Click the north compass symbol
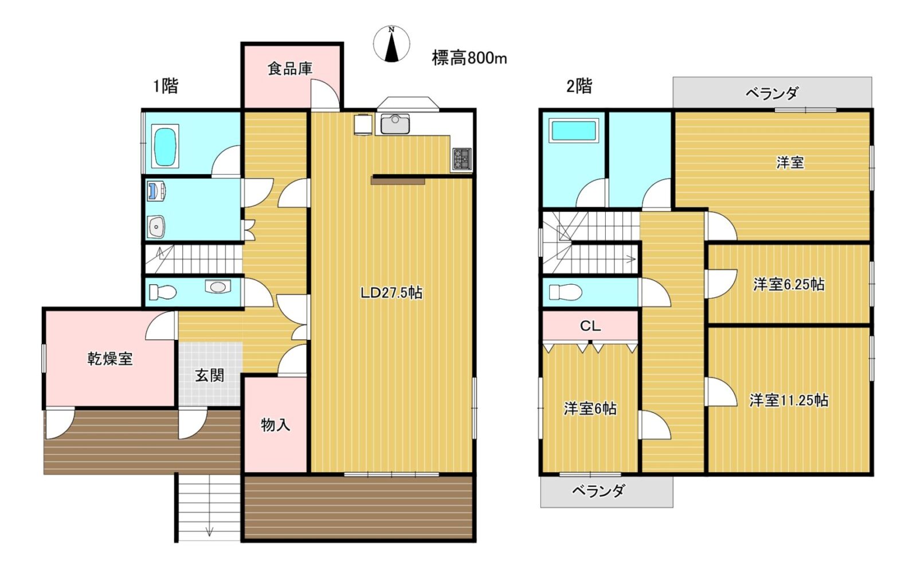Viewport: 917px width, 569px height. click(391, 44)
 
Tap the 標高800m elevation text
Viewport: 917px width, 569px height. click(469, 58)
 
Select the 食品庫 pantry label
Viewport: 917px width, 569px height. click(290, 68)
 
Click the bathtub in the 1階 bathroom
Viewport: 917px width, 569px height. click(166, 147)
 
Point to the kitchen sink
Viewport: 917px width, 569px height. click(395, 124)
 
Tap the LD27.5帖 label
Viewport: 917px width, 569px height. click(391, 293)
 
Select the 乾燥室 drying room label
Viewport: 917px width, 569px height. click(110, 359)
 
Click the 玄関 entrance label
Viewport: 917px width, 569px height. click(209, 375)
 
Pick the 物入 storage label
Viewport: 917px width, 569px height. click(276, 425)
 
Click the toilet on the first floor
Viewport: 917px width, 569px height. click(163, 292)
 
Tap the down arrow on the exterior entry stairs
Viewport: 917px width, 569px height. click(209, 531)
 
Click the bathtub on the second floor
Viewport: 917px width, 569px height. click(574, 131)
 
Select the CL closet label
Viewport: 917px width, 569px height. click(590, 326)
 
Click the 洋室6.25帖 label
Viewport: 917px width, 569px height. click(789, 284)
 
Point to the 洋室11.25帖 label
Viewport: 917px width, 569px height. click(789, 400)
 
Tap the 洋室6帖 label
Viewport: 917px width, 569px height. click(590, 409)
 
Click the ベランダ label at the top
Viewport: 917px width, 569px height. click(771, 93)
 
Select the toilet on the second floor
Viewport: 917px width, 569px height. click(565, 292)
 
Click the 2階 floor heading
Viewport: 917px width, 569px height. click(579, 87)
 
